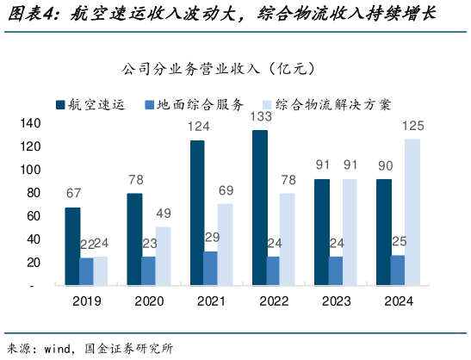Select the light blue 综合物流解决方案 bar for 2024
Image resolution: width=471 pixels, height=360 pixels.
pyautogui.click(x=412, y=211)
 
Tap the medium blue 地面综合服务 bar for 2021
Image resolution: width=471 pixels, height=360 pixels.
pyautogui.click(x=211, y=267)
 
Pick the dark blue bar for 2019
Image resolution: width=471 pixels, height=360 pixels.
pyautogui.click(x=72, y=245)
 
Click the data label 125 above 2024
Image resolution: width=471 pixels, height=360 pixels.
pyautogui.click(x=412, y=126)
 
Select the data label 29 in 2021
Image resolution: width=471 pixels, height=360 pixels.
pyautogui.click(x=211, y=237)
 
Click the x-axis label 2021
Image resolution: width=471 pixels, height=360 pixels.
pyautogui.click(x=211, y=301)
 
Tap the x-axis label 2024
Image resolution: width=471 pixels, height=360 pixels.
pyautogui.click(x=397, y=301)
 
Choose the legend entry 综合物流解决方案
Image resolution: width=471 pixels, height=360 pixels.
pyautogui.click(x=333, y=104)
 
